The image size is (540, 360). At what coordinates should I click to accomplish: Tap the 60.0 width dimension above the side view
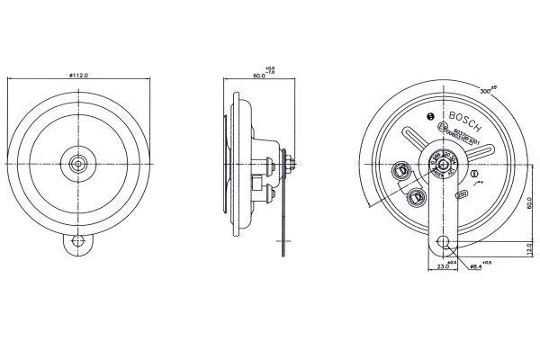pos(259,76)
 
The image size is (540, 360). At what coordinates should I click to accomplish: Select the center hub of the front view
pos(79,164)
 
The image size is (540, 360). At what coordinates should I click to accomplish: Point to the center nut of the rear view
pos(443,164)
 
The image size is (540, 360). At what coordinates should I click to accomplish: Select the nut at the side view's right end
pos(291,163)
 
